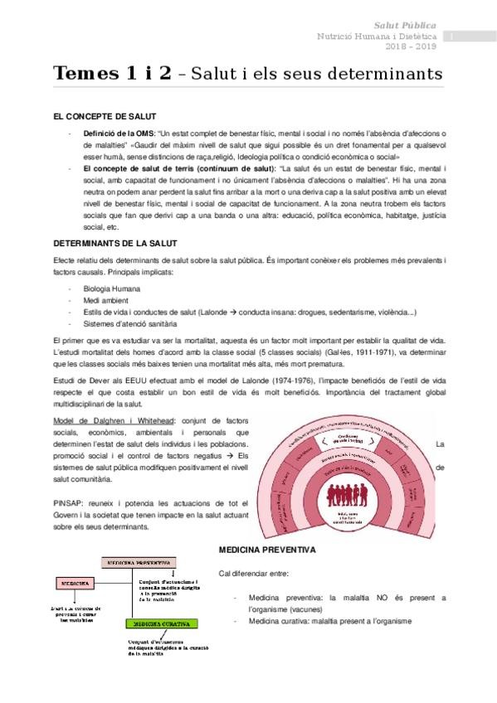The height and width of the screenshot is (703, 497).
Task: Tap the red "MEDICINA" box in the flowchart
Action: point(75,583)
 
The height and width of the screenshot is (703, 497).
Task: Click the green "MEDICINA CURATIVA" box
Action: point(160,623)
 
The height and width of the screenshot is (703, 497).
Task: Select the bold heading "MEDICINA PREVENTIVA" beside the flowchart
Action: point(266,549)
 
